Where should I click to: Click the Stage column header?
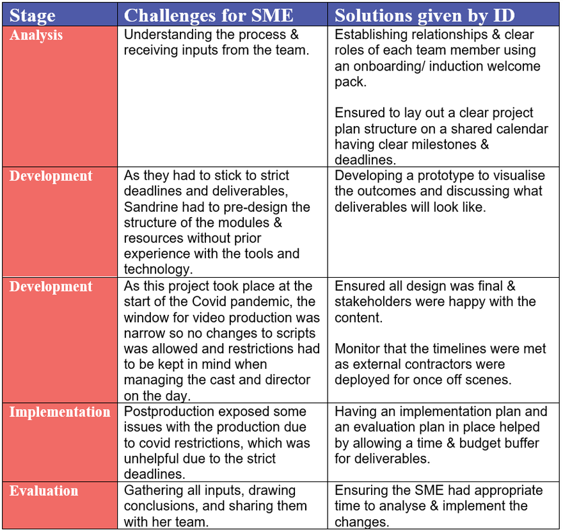(33, 15)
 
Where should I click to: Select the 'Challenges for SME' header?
(209, 15)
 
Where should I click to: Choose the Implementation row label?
(59, 412)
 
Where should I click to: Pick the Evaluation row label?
(44, 491)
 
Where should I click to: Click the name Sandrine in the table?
(151, 207)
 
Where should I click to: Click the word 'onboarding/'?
(390, 66)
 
